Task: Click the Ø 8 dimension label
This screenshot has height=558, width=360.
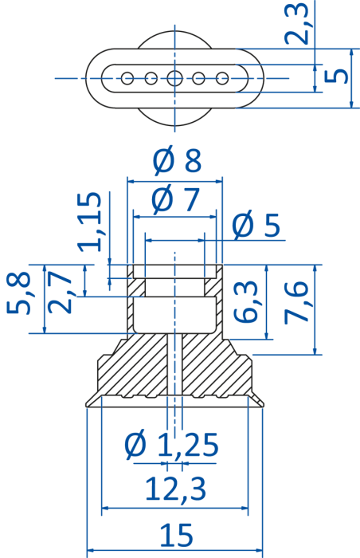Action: [x=177, y=159]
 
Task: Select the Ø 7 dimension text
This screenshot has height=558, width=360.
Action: [x=175, y=199]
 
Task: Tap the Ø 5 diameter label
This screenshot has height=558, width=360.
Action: [x=256, y=225]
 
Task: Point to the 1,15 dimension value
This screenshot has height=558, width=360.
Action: [x=90, y=222]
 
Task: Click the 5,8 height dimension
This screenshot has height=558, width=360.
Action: [x=18, y=293]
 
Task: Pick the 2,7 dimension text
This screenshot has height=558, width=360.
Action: [x=60, y=292]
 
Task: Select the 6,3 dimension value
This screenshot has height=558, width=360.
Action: [x=245, y=301]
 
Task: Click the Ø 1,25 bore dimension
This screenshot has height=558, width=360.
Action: [x=171, y=445]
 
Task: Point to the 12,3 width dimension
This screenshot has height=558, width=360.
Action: [x=175, y=489]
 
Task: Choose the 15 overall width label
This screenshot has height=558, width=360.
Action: [x=177, y=535]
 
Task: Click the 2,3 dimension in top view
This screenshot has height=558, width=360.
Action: [x=296, y=23]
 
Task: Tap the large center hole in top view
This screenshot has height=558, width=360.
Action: [x=174, y=78]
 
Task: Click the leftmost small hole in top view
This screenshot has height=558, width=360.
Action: [x=127, y=78]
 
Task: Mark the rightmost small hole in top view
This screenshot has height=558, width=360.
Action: [x=222, y=78]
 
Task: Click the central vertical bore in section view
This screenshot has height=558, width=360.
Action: [x=174, y=364]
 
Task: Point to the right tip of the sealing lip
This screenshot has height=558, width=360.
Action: [x=264, y=403]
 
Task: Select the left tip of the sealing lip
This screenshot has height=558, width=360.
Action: [x=86, y=405]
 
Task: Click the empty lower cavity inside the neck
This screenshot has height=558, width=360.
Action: [x=174, y=315]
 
